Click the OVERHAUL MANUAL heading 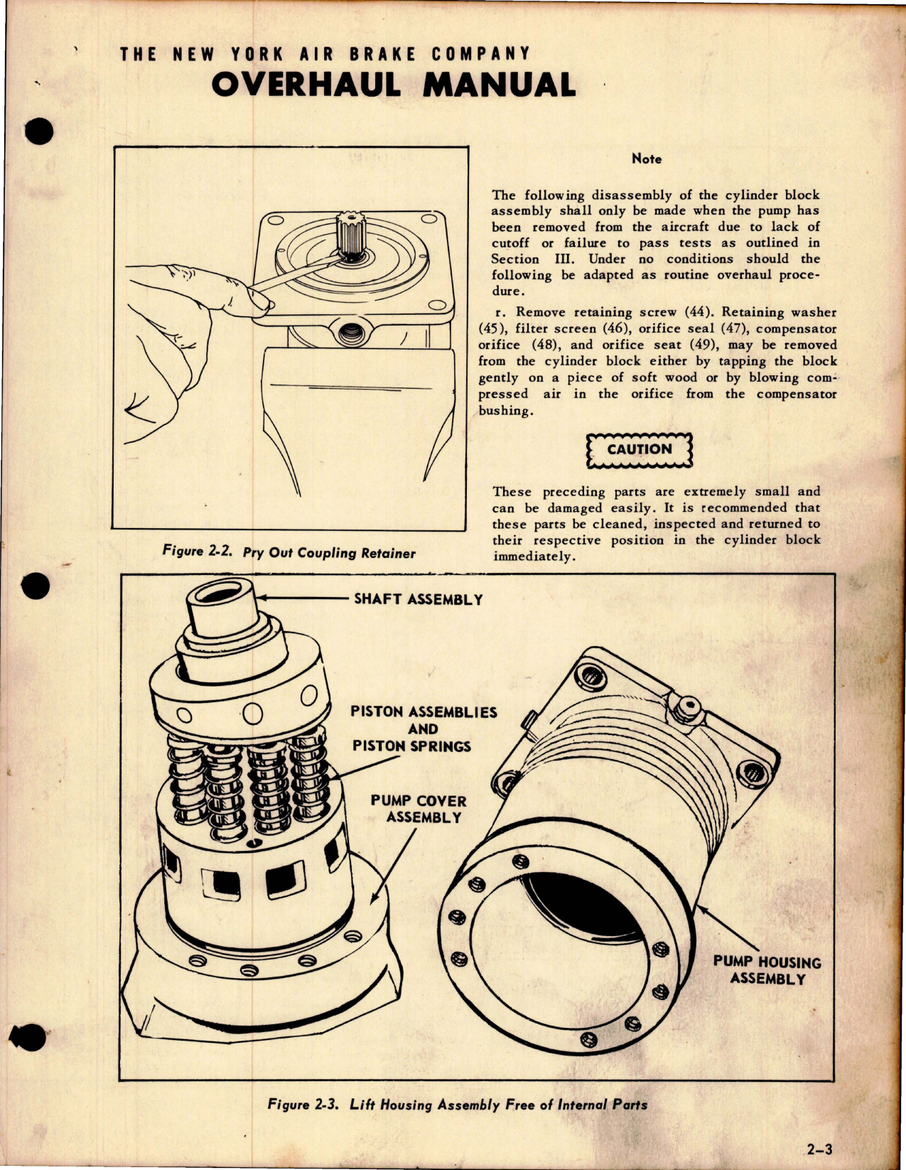pos(393,85)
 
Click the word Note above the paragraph pos(646,159)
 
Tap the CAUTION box pos(639,450)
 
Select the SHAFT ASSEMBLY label pos(418,599)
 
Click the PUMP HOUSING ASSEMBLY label pos(767,970)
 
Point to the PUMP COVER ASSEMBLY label pos(419,809)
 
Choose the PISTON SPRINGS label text pos(411,746)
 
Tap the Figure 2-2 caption pos(288,552)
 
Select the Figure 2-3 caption pos(457,1105)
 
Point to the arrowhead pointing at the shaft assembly pos(261,599)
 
